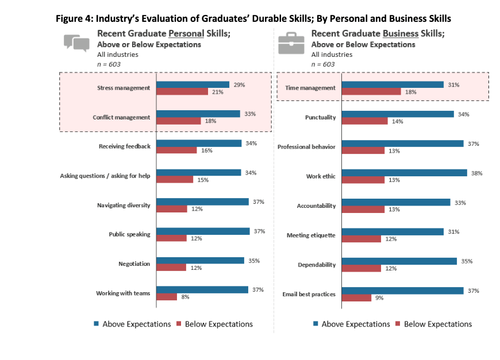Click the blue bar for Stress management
click(x=193, y=84)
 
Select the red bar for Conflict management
click(x=179, y=121)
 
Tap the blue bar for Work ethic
click(x=404, y=173)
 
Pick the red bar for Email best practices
click(x=356, y=297)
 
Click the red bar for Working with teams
click(x=167, y=297)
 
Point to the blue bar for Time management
click(x=393, y=84)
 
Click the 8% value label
click(x=185, y=297)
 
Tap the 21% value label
click(x=216, y=92)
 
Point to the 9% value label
click(x=380, y=297)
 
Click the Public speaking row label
click(x=129, y=234)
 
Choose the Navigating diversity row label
click(x=124, y=205)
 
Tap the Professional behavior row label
click(x=306, y=146)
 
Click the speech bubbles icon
click(x=76, y=43)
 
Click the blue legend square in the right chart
click(x=316, y=324)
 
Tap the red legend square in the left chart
click(x=178, y=324)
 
